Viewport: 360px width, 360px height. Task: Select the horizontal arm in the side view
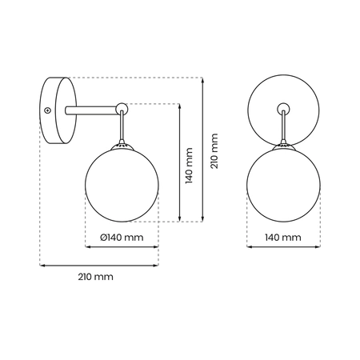coord(92,109)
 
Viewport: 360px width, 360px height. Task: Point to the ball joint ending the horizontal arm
coord(121,107)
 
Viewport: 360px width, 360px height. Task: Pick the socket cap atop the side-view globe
coord(122,146)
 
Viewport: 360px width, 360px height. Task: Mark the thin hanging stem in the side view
coord(122,128)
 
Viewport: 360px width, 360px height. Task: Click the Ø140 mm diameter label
coord(122,238)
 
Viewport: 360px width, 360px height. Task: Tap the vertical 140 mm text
coord(189,163)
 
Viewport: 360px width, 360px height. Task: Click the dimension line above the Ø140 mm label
coord(122,246)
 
